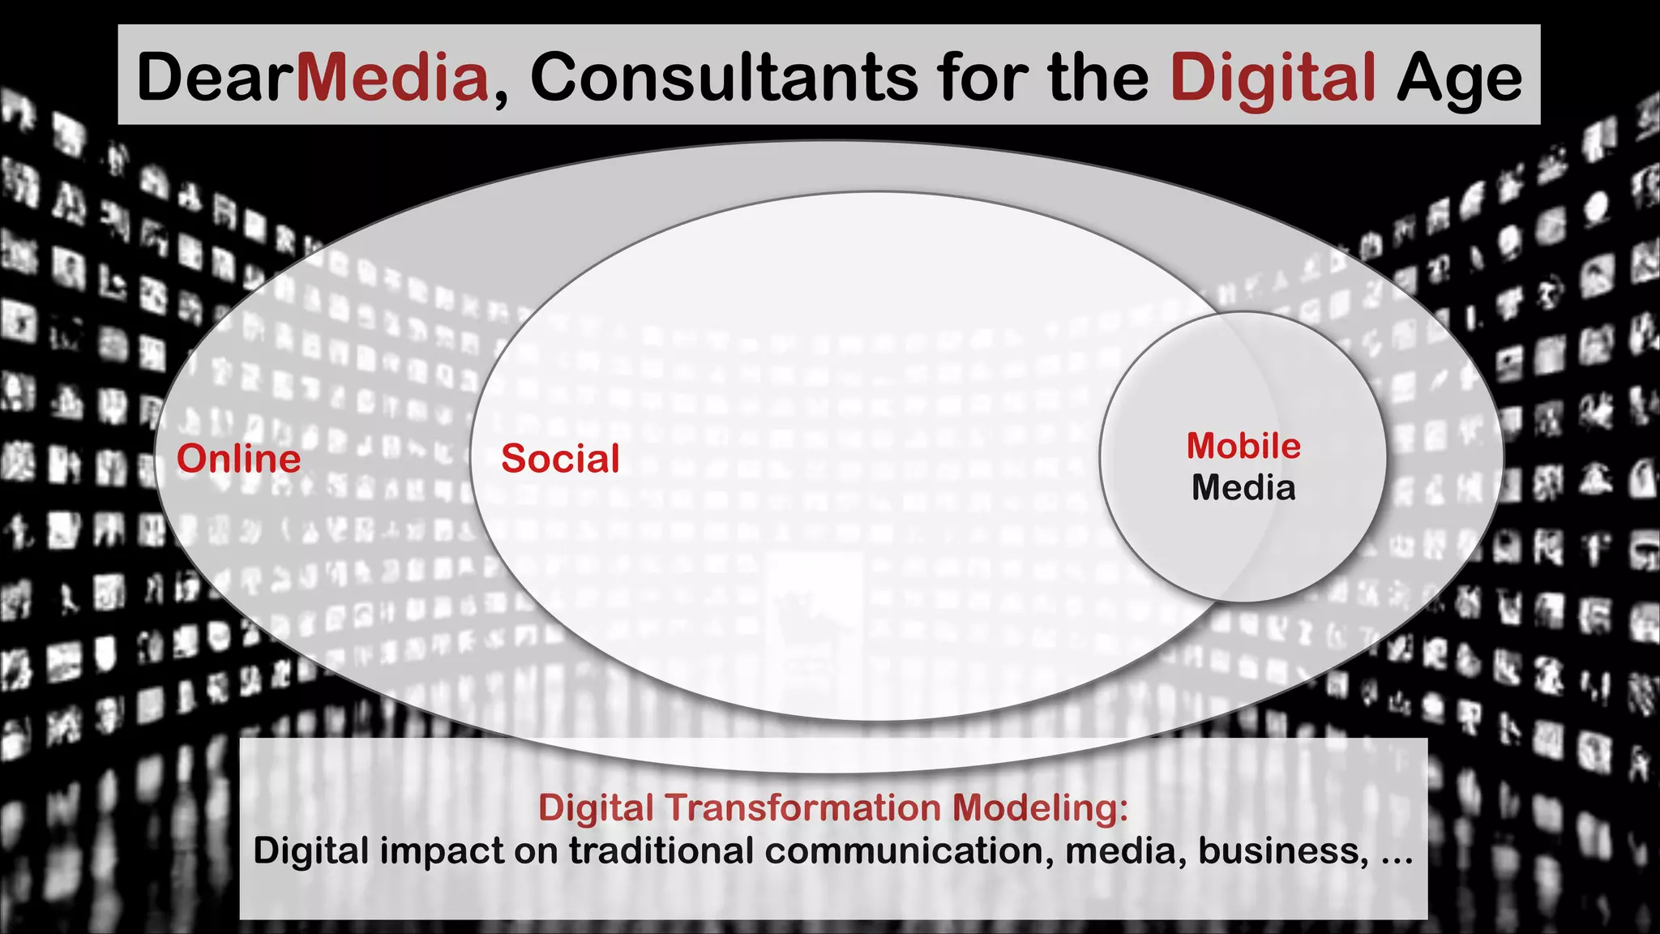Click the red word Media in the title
(x=393, y=77)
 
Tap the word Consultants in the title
(x=724, y=77)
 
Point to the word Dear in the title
(x=216, y=77)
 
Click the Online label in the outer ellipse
(x=238, y=459)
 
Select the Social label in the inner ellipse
(x=560, y=459)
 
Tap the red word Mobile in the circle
(x=1243, y=446)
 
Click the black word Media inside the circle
(x=1243, y=488)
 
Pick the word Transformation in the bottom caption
(x=802, y=808)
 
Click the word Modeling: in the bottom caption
(x=1040, y=808)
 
